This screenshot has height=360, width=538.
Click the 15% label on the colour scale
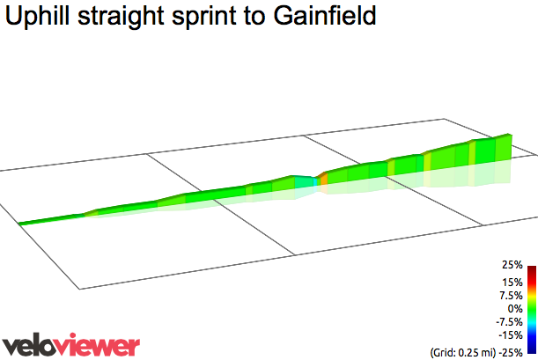coord(512,283)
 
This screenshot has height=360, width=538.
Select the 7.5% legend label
coord(511,296)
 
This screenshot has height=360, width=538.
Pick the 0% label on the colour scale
coord(515,309)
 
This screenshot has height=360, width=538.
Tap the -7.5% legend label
coord(509,322)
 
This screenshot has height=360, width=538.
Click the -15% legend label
coord(511,335)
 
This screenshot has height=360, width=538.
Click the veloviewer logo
coord(70,344)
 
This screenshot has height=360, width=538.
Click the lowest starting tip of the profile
coord(21,224)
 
